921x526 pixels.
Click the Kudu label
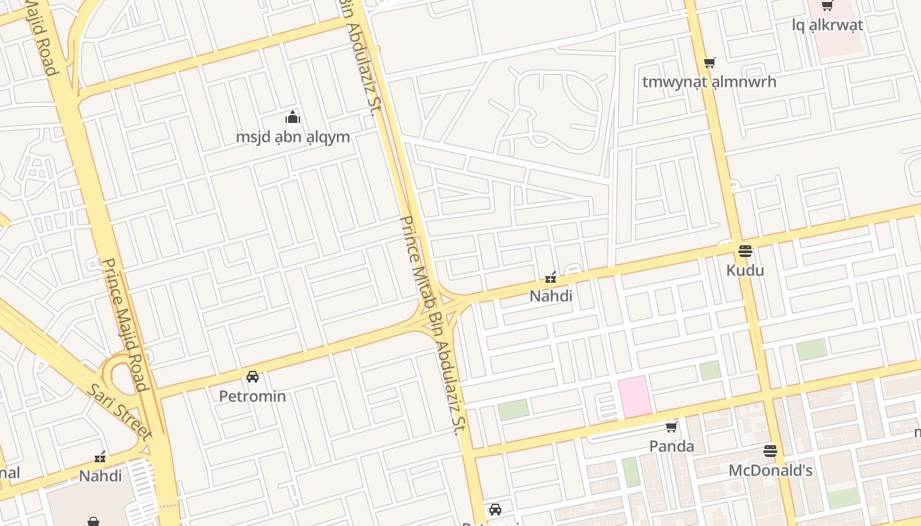[x=745, y=270]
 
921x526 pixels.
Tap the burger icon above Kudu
[x=745, y=251]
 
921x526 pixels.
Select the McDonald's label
[x=770, y=471]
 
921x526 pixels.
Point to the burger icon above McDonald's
[x=770, y=451]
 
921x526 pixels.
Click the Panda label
[x=671, y=446]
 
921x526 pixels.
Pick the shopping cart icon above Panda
[x=671, y=427]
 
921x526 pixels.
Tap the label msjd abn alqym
[x=293, y=137]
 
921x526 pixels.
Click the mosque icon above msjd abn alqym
[x=293, y=118]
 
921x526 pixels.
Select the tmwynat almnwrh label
[x=709, y=82]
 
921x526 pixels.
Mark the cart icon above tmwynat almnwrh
[x=709, y=63]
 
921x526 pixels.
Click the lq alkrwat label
[x=827, y=26]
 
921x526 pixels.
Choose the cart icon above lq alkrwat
[x=827, y=6]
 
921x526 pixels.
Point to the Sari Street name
[x=118, y=411]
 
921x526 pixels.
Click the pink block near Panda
[x=634, y=396]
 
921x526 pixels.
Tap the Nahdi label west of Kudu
[x=551, y=297]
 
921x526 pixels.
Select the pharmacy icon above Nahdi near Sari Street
[x=100, y=456]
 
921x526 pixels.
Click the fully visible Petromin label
[x=252, y=396]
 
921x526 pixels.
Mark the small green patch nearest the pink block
[x=710, y=370]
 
